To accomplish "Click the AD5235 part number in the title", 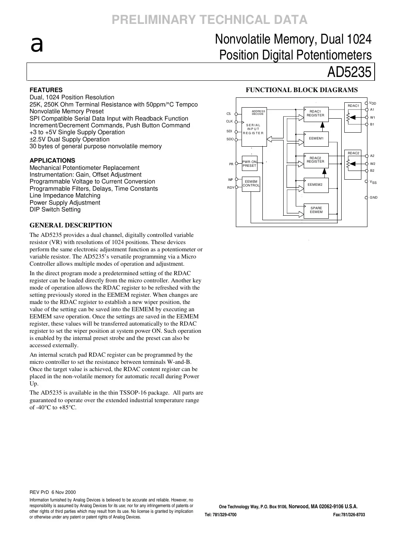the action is (x=349, y=72).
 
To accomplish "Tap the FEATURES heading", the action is (x=46, y=90).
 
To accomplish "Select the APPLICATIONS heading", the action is (x=52, y=160).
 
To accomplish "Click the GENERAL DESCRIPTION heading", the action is (x=71, y=225).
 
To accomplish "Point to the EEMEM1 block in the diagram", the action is (x=316, y=138).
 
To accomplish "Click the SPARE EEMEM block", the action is (x=316, y=210).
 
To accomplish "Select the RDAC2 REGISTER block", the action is (x=315, y=160).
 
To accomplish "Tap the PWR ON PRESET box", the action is (x=250, y=164).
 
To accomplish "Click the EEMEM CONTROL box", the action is (x=251, y=184).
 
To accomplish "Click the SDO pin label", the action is (x=229, y=139).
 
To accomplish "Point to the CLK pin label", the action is (x=229, y=121).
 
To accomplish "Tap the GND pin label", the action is (x=373, y=197).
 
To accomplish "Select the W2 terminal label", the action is (x=372, y=164).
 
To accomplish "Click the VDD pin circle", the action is (x=366, y=103).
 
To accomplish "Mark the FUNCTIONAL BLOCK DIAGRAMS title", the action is (x=301, y=90).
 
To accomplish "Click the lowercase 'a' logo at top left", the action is (x=36, y=45).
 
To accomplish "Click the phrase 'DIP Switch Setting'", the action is (x=55, y=210).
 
